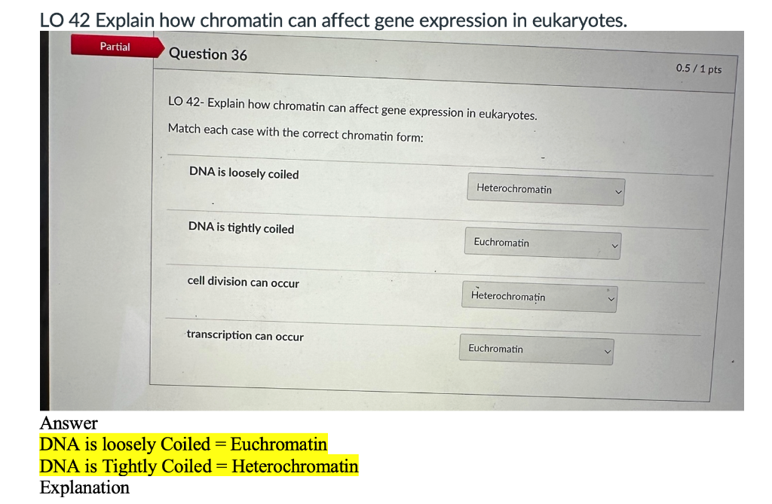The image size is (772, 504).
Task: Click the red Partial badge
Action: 115,47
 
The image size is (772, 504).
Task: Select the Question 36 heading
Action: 208,54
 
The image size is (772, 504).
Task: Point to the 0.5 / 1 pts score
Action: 698,69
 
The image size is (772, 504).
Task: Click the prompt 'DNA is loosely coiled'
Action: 244,173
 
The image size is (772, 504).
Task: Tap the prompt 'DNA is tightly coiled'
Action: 241,228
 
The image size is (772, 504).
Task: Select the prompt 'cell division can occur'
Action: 243,282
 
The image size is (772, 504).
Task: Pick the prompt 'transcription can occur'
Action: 245,336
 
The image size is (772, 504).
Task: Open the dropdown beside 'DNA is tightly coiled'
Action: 542,243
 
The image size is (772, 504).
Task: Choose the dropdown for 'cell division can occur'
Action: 539,297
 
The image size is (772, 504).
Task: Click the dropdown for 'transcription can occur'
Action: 535,350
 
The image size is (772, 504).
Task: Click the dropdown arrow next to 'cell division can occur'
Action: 611,298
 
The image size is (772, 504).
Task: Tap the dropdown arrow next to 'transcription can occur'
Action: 606,351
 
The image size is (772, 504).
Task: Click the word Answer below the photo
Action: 69,423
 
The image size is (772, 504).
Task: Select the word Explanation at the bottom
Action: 84,487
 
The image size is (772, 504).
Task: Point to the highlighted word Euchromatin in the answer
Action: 279,444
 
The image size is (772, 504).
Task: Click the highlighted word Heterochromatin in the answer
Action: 295,466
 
